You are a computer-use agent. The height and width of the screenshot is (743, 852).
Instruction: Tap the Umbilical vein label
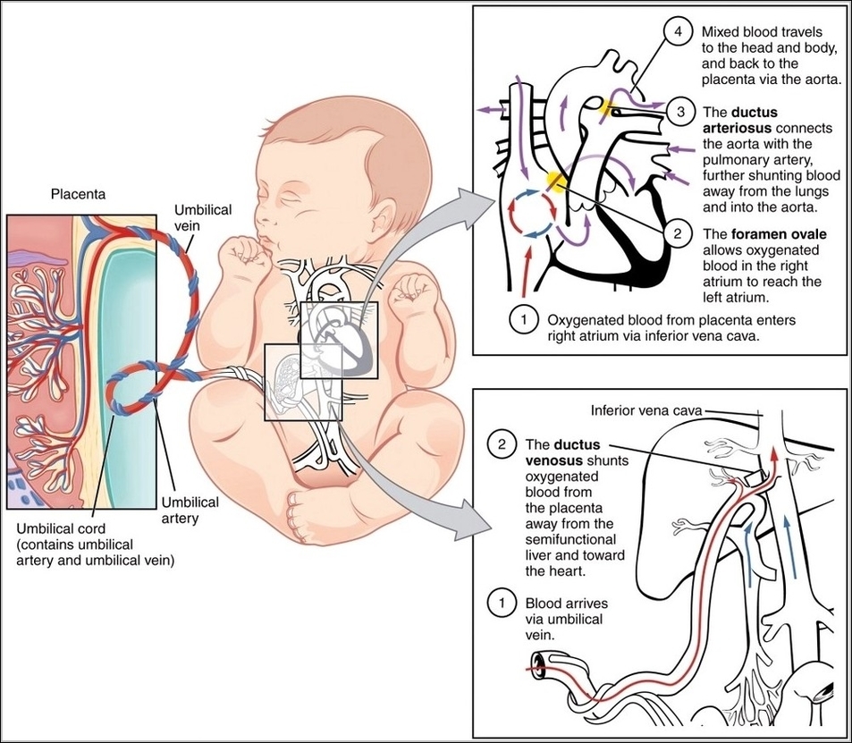pyautogui.click(x=203, y=217)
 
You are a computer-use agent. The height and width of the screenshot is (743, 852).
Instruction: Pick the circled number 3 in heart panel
pyautogui.click(x=679, y=113)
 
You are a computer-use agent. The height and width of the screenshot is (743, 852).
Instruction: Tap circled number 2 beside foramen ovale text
pyautogui.click(x=679, y=233)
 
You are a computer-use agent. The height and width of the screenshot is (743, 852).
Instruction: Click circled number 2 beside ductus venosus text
pyautogui.click(x=502, y=443)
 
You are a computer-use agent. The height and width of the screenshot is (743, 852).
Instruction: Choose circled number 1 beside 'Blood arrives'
pyautogui.click(x=502, y=603)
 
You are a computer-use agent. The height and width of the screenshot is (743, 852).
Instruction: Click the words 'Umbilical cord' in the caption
pyautogui.click(x=55, y=529)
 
